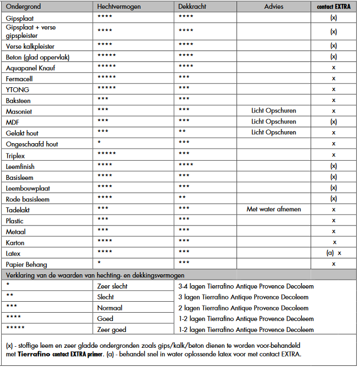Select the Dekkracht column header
pyautogui.click(x=192, y=6)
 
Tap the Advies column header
pyautogui.click(x=274, y=6)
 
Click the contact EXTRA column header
pyautogui.click(x=334, y=6)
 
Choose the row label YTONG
pyautogui.click(x=18, y=89)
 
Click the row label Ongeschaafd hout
pyautogui.click(x=32, y=144)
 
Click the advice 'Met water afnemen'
pyautogui.click(x=274, y=209)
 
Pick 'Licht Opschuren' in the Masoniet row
pyautogui.click(x=274, y=110)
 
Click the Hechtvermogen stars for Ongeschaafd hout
pyautogui.click(x=99, y=143)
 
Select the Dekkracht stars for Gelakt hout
pyautogui.click(x=182, y=132)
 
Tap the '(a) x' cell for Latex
pyautogui.click(x=334, y=253)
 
